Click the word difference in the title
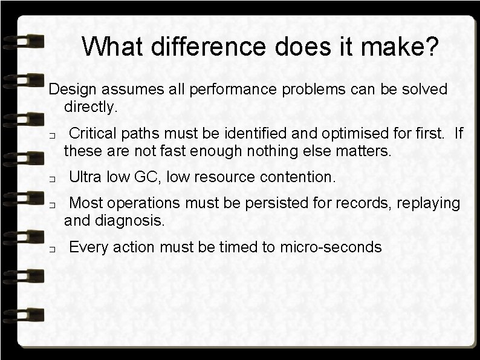[195, 47]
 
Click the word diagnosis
[129, 221]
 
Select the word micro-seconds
[330, 247]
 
